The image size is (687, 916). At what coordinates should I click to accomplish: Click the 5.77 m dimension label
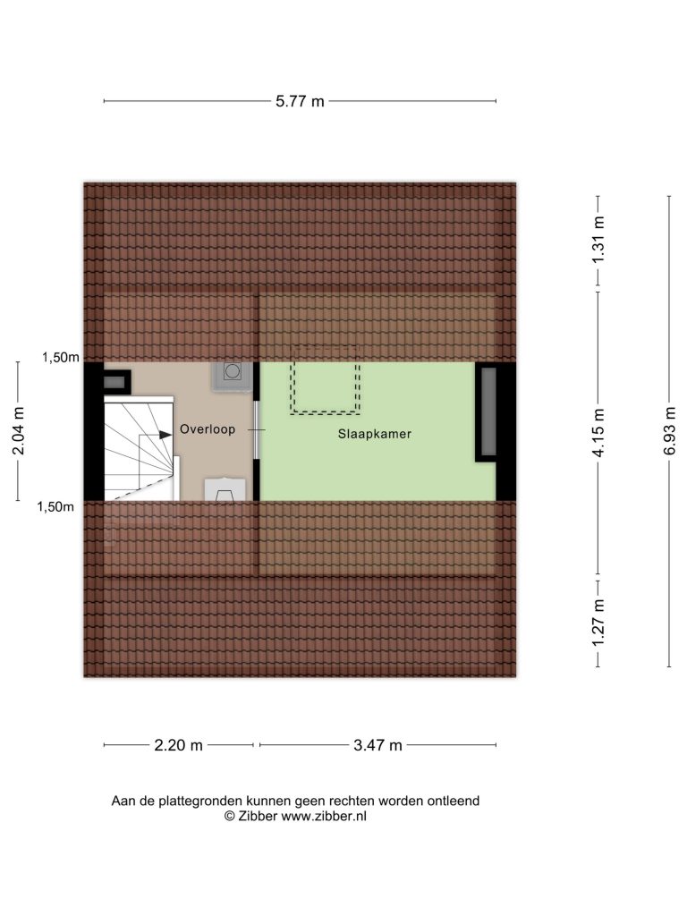coord(300,101)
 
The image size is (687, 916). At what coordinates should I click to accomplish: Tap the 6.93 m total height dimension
coord(669,430)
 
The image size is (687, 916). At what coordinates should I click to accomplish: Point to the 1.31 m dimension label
coord(598,240)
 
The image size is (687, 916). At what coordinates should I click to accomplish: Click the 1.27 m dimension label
coord(598,623)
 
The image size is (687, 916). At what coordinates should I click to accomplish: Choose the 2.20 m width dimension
coord(178,745)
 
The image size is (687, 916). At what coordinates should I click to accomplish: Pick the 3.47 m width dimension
coord(377,745)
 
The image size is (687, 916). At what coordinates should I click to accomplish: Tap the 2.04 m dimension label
coord(18,430)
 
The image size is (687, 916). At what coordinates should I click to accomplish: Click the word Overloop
coord(208,428)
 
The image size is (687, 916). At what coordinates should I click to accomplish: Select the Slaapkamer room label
coord(375,434)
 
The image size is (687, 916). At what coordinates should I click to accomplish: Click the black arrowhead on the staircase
coord(165,435)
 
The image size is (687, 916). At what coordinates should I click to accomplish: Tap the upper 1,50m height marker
coord(60,357)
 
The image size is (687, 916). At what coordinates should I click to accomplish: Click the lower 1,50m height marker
coord(55,506)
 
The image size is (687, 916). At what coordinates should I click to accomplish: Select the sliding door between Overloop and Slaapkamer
coord(256,430)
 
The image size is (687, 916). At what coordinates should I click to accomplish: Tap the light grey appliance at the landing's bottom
coord(225,489)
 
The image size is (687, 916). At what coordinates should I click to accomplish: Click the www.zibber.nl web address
coord(324,816)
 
